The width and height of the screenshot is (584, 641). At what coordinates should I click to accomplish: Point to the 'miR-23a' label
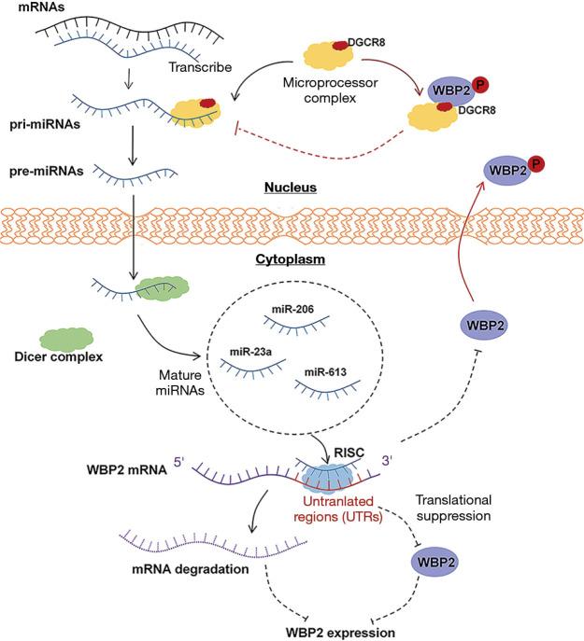250,351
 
